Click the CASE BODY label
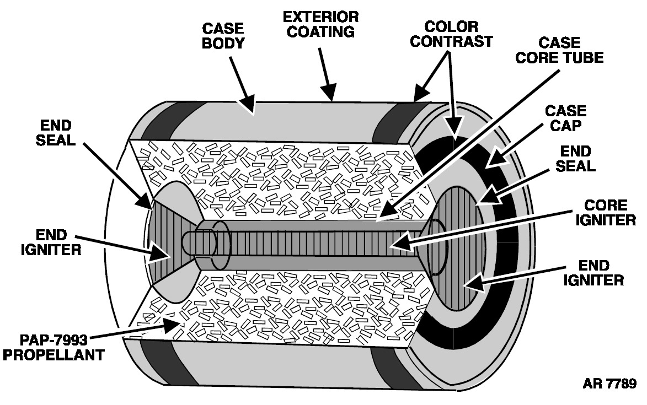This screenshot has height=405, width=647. click(223, 36)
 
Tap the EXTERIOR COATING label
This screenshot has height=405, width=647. click(320, 24)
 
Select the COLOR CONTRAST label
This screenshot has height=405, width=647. click(451, 34)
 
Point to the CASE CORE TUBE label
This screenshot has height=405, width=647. click(559, 50)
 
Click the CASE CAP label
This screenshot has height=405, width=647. click(565, 118)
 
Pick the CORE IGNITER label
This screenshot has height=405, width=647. click(606, 213)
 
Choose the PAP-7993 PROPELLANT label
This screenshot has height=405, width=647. click(54, 347)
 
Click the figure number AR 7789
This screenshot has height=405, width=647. click(609, 384)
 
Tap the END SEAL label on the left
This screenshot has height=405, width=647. click(56, 133)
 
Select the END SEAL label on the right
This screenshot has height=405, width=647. click(576, 159)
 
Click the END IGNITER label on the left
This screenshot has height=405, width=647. click(51, 242)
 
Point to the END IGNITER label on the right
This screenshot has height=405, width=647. click(593, 273)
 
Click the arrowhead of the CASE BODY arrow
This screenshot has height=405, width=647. click(249, 105)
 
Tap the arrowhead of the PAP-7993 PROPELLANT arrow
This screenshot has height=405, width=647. click(173, 325)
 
